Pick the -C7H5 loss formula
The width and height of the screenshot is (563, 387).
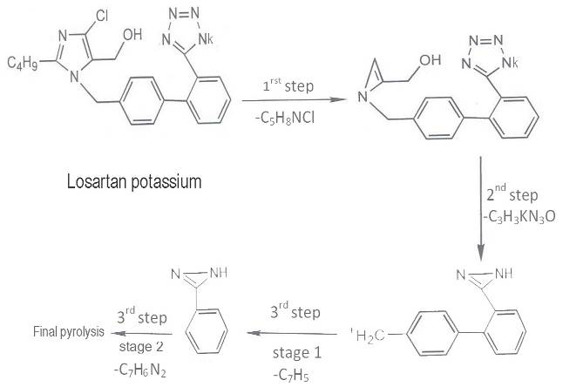pyautogui.click(x=290, y=374)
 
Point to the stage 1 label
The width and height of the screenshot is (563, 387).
pyautogui.click(x=290, y=353)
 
